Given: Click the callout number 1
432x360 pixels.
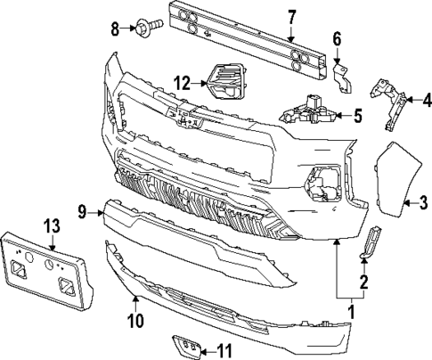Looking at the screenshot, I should click(350, 313).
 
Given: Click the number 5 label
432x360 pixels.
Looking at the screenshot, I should click(357, 114).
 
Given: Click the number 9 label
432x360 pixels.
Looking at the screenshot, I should click(81, 211).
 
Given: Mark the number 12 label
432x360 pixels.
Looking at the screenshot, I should click(181, 83).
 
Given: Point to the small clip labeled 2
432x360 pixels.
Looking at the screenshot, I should click(371, 243).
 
